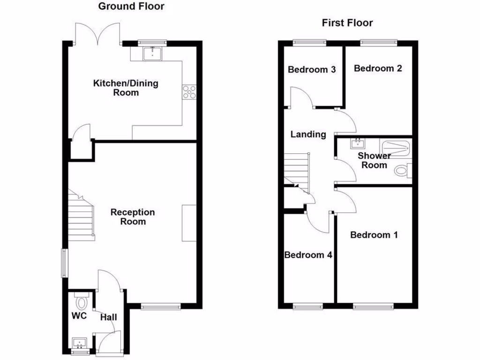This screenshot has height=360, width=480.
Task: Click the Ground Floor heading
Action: tap(131, 6)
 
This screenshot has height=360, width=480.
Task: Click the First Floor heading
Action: tap(347, 23)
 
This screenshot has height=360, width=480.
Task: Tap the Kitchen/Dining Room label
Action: tap(126, 88)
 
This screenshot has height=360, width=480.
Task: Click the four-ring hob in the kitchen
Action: tap(189, 92)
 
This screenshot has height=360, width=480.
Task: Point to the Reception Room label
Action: tap(133, 217)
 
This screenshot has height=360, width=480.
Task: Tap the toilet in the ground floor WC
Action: tap(81, 300)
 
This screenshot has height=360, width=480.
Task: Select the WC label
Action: tap(80, 316)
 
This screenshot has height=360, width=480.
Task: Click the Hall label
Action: tap(108, 317)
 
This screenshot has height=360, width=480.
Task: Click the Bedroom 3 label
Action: tap(312, 70)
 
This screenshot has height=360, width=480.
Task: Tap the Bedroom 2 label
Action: tap(378, 68)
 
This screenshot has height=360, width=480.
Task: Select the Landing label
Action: tap(308, 135)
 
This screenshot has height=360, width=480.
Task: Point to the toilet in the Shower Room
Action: tap(402, 170)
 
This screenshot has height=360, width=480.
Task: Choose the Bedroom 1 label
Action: tap(374, 234)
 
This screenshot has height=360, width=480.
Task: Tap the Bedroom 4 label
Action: tap(308, 255)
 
